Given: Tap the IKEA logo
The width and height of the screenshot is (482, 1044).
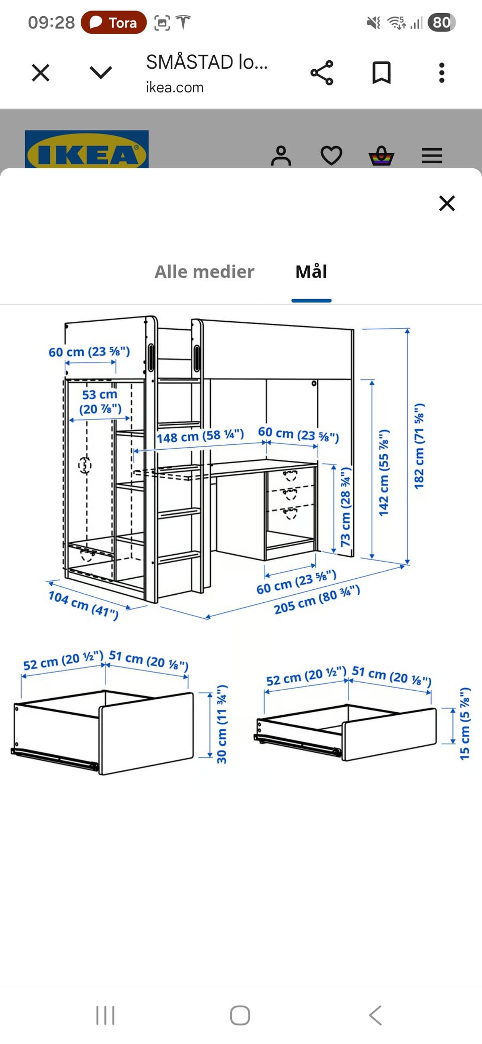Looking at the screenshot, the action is [x=87, y=150].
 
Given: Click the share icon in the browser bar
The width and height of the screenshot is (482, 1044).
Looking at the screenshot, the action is [x=322, y=73].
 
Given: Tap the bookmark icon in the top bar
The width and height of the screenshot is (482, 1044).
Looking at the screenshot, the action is [x=382, y=73].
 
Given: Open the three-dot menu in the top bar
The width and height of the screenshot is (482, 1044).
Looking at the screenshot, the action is [x=442, y=73].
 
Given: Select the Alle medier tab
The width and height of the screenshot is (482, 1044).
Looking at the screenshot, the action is [x=204, y=272].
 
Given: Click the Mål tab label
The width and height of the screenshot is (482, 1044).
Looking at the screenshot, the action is [x=311, y=272].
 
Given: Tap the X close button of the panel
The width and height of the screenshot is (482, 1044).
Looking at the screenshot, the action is [x=447, y=203].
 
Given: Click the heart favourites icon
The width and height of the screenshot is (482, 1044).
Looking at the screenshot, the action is [x=331, y=156].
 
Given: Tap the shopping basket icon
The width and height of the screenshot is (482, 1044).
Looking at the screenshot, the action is [x=382, y=156].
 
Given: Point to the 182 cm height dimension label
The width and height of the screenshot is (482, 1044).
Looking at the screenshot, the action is [x=419, y=446].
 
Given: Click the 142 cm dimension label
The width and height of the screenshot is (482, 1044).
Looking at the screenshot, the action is [x=384, y=472].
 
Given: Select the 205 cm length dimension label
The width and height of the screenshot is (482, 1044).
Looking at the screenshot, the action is [x=317, y=599].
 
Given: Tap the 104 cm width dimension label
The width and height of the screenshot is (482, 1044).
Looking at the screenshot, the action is [x=83, y=605].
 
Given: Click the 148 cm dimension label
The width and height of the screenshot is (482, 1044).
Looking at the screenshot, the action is [x=200, y=436].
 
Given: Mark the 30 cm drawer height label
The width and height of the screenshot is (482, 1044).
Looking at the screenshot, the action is [x=221, y=724].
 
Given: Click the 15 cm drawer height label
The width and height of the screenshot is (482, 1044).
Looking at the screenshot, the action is [x=465, y=723].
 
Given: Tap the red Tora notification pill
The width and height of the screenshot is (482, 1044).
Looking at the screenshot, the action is [x=114, y=23].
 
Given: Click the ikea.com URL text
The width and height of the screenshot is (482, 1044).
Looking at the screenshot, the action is [x=175, y=87].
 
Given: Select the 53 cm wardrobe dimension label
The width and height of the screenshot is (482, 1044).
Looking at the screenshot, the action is [x=100, y=402].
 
